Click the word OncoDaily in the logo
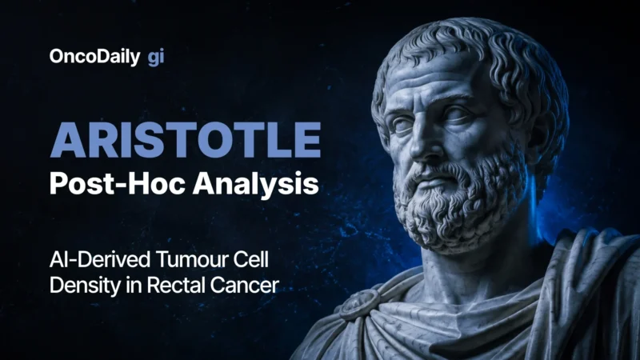(94, 57)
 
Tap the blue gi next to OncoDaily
(156, 58)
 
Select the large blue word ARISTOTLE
(186, 140)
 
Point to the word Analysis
(255, 184)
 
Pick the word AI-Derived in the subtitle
(99, 259)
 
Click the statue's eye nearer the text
(403, 125)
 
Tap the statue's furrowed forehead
(433, 82)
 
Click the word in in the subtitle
(134, 285)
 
